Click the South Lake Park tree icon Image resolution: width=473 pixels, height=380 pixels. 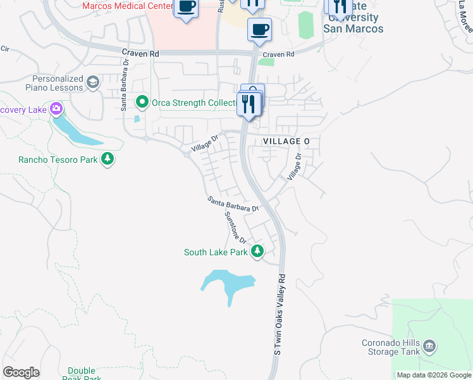coord(257,251)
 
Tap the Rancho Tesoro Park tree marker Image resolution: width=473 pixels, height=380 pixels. coord(107,159)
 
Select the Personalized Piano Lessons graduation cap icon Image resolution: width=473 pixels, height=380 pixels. coord(93,82)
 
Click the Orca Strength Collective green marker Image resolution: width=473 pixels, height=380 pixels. coord(142,101)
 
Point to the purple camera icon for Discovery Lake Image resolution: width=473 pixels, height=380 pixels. coord(56,110)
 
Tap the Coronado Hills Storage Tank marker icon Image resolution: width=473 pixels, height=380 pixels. coord(429,346)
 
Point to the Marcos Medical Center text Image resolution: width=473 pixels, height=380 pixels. coord(127,6)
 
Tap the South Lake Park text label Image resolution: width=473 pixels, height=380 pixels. coord(216,252)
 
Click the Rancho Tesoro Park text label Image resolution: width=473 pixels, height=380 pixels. coord(58,160)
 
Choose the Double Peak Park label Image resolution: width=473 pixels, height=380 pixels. coord(82,374)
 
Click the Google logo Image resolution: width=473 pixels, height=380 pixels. coord(21,372)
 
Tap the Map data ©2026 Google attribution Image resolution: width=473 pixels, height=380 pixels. coord(433,375)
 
